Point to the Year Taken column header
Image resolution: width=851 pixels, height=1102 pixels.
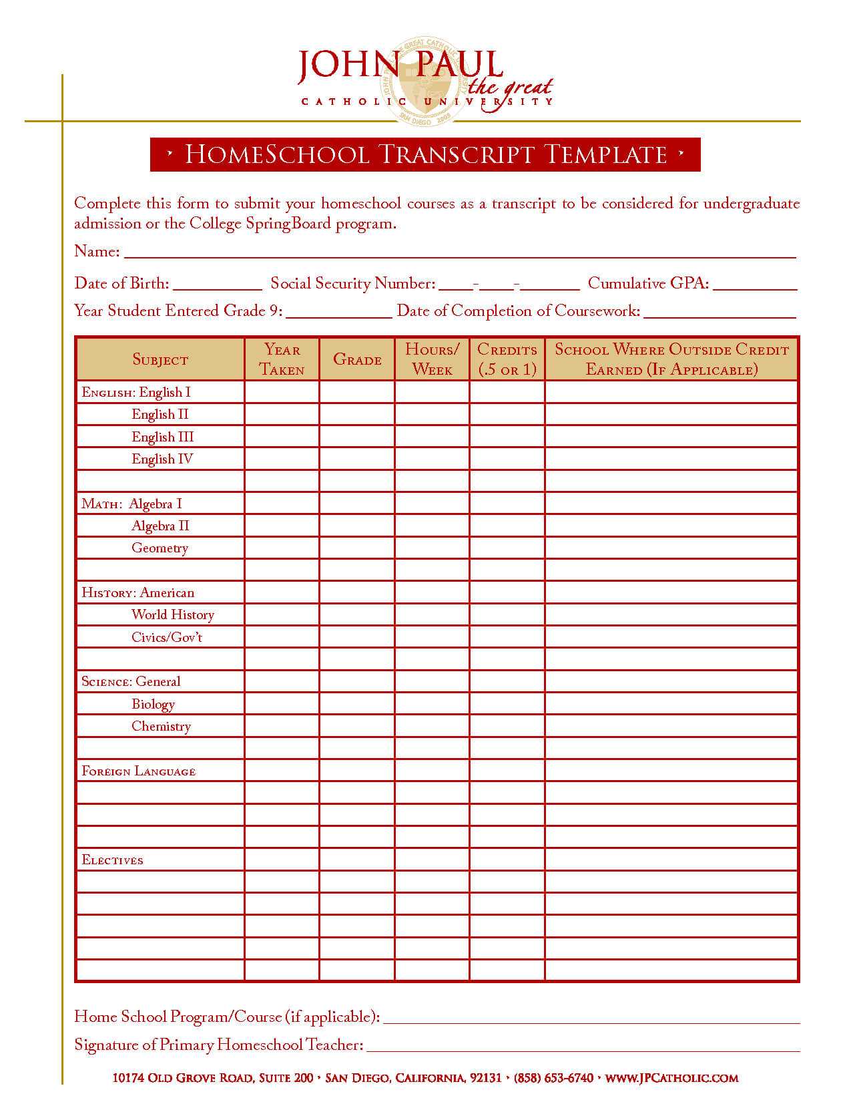pos(282,359)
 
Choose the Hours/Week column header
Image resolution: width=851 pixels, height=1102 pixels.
pos(432,359)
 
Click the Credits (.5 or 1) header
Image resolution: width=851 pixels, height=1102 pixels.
pos(507,359)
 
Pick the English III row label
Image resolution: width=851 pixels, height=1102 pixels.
pos(162,437)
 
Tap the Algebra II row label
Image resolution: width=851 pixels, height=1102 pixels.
pos(160,526)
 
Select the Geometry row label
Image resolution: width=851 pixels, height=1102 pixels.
pos(160,548)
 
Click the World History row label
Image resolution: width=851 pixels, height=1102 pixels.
pos(172,615)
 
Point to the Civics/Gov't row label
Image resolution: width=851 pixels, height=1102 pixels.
pos(166,637)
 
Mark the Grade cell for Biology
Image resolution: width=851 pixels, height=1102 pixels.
pos(357,704)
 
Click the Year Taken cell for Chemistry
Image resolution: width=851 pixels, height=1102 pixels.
pos(282,726)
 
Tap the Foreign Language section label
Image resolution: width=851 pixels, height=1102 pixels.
pos(138,771)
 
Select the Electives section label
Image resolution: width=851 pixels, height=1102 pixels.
pos(112,860)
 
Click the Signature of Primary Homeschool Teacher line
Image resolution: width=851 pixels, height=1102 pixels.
pos(583,1045)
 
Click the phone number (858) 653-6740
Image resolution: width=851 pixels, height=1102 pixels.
pos(553,1078)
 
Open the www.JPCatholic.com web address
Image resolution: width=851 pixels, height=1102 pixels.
pos(671,1078)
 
